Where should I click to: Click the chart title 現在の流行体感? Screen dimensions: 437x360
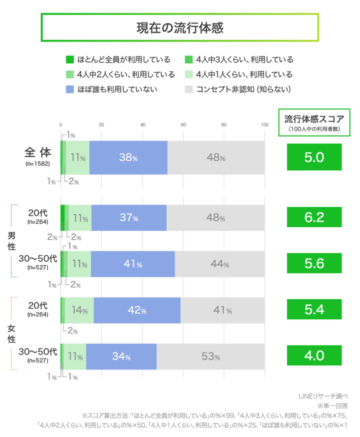tap(179, 27)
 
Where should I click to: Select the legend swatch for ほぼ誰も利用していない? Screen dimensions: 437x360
tap(70, 89)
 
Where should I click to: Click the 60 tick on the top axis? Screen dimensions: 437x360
tap(183, 125)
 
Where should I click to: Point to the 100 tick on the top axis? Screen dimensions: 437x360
tap(264, 125)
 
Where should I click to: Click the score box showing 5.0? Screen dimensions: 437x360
tap(314, 157)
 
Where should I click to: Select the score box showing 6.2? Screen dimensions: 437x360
tap(314, 217)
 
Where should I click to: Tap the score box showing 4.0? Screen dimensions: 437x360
tap(314, 356)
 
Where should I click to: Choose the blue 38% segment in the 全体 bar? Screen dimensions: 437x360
tap(128, 157)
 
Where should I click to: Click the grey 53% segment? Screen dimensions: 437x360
tap(210, 356)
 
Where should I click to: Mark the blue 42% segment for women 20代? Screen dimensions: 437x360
tap(136, 310)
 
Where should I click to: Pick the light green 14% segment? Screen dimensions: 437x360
tap(79, 310)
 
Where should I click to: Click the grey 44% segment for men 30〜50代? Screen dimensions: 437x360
tap(219, 264)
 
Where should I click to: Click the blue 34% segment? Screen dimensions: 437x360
tap(121, 356)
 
